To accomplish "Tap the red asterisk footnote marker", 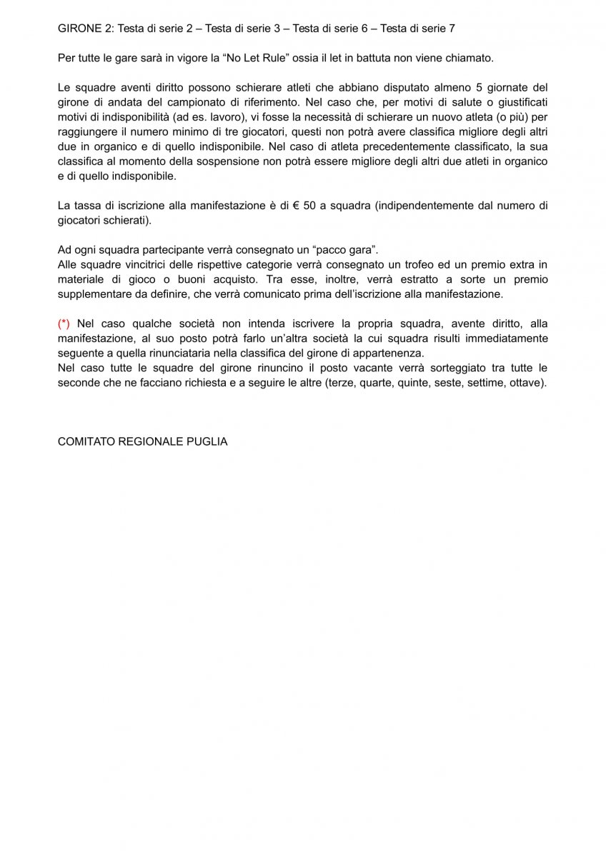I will tap(64, 324).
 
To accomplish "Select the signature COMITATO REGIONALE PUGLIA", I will tap(142, 441).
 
